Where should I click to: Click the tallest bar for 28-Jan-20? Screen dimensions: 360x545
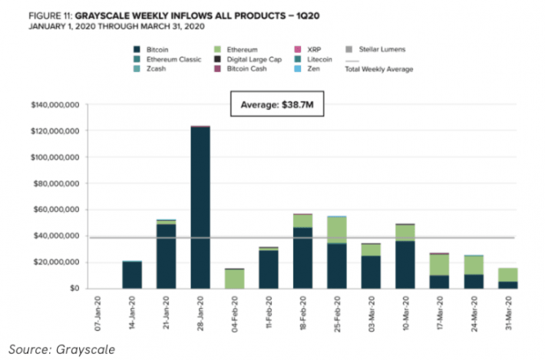pos(200,207)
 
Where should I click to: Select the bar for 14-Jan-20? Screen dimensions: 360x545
pos(132,275)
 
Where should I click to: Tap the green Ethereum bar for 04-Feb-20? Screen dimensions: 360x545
pos(234,279)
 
